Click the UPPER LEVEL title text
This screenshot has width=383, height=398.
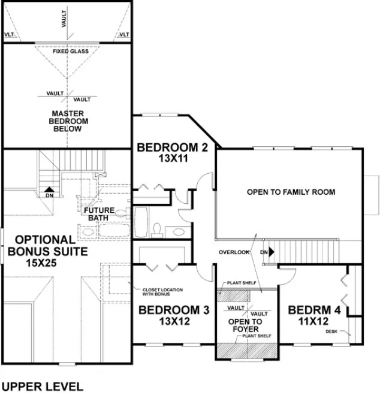click(43, 387)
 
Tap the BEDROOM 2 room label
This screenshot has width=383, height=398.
click(172, 147)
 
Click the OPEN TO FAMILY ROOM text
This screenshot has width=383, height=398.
click(291, 192)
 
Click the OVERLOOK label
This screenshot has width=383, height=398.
click(233, 252)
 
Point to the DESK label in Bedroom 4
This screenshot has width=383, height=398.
click(331, 331)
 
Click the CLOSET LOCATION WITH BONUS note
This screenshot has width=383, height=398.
click(162, 292)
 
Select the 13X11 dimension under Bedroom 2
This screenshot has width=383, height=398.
click(172, 160)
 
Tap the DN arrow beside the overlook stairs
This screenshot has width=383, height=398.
click(267, 252)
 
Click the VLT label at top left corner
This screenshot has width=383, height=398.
click(10, 35)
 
